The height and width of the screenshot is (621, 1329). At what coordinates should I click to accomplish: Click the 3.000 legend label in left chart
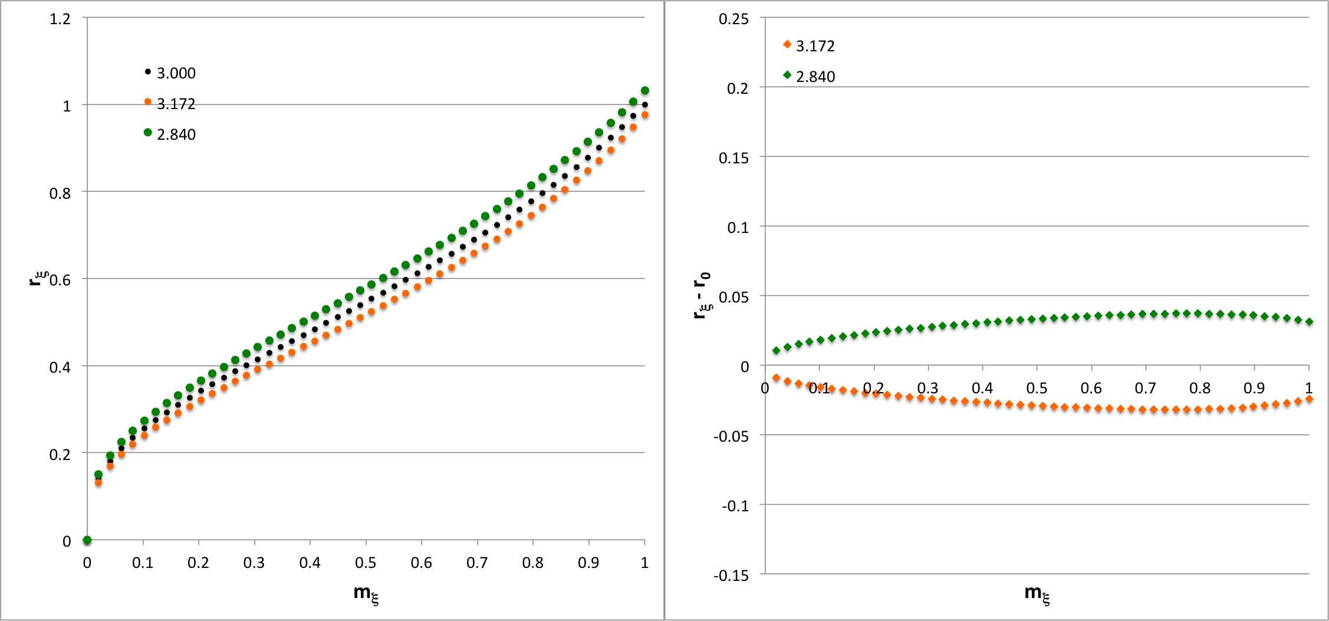pos(176,73)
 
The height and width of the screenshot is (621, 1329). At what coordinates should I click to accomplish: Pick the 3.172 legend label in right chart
pos(815,46)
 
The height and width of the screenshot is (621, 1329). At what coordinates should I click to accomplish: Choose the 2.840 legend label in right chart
pos(815,77)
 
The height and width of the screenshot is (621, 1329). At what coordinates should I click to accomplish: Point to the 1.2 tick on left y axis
pos(60,19)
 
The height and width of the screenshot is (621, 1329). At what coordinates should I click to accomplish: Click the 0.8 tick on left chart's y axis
pos(60,193)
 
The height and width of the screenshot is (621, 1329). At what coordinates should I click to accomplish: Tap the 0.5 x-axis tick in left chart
pos(366,563)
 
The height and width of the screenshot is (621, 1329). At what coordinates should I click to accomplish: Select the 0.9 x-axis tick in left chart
pos(588,563)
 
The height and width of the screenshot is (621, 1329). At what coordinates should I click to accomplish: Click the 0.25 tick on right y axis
pos(733,19)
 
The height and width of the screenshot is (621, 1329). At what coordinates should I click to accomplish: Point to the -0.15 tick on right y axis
pos(731,575)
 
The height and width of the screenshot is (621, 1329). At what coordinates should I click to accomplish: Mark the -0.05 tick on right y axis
pos(731,436)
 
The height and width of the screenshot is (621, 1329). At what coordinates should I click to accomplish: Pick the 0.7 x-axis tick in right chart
pos(1146,388)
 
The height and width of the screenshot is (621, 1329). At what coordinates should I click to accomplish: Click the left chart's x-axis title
pos(366,593)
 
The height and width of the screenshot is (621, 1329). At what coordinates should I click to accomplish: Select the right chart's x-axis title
pos(1037,593)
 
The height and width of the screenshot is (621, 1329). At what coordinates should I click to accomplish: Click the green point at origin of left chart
pos(87,540)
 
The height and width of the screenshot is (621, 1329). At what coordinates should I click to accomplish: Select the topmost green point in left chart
pos(645,90)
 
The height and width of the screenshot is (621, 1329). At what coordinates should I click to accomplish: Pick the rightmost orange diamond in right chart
pos(1309,399)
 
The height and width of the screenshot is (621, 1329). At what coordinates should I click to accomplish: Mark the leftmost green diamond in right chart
pos(776,350)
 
